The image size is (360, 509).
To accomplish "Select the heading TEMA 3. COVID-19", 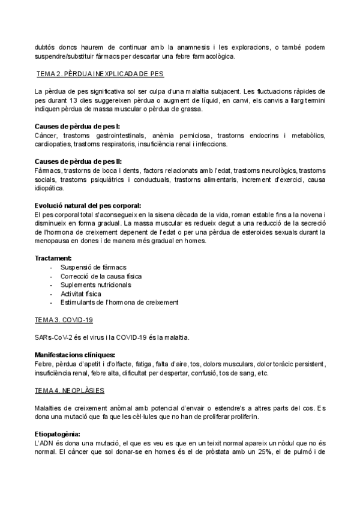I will point(64,321).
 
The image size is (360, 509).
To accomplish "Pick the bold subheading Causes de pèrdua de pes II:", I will point(79,162).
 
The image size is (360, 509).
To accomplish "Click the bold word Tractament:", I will point(53,258).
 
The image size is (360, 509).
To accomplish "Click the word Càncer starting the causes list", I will point(46,136).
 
